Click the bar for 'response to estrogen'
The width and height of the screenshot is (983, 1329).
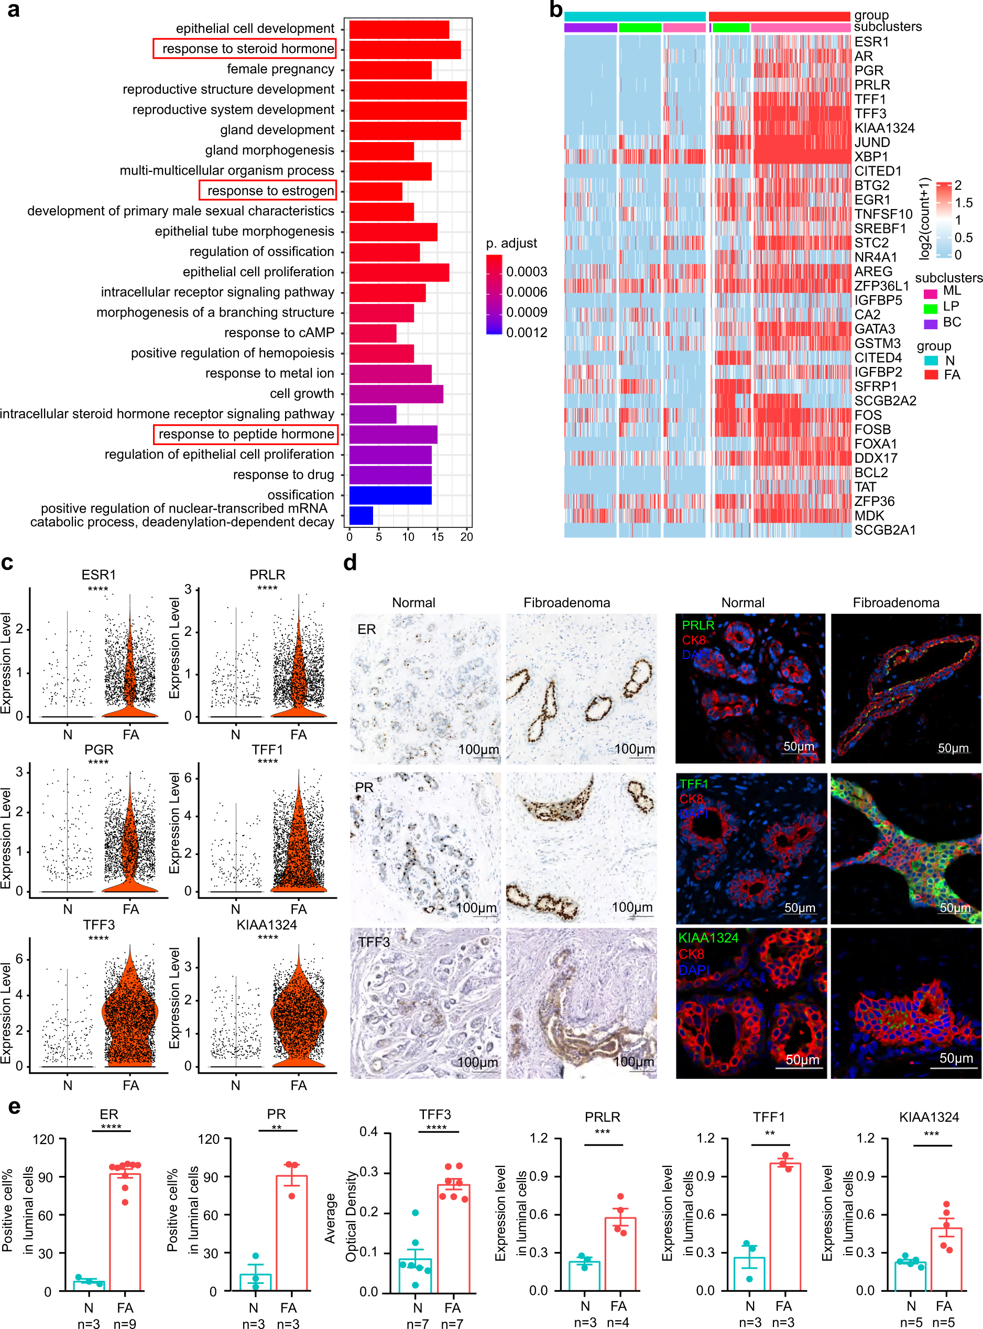376,191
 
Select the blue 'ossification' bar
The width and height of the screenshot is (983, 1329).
390,495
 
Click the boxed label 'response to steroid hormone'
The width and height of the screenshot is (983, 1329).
245,49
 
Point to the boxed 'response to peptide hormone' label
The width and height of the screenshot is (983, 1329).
246,434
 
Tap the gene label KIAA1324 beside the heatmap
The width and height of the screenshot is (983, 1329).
884,128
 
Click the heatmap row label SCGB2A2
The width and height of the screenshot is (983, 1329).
885,401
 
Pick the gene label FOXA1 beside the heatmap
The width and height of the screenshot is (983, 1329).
875,444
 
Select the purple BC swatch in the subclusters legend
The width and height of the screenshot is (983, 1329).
930,324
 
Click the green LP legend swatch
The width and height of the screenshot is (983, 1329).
930,308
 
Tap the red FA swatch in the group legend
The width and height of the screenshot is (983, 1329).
931,374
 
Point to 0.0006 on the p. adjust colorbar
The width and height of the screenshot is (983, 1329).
527,292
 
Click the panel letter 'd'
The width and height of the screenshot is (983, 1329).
350,561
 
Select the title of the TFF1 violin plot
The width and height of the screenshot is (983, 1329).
267,750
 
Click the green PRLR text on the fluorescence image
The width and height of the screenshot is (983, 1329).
697,625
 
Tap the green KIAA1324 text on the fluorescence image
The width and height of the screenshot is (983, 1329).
708,938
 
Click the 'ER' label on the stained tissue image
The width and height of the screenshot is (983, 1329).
367,629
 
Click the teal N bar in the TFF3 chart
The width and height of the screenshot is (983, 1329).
416,1274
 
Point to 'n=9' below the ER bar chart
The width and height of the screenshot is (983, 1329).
125,1323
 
